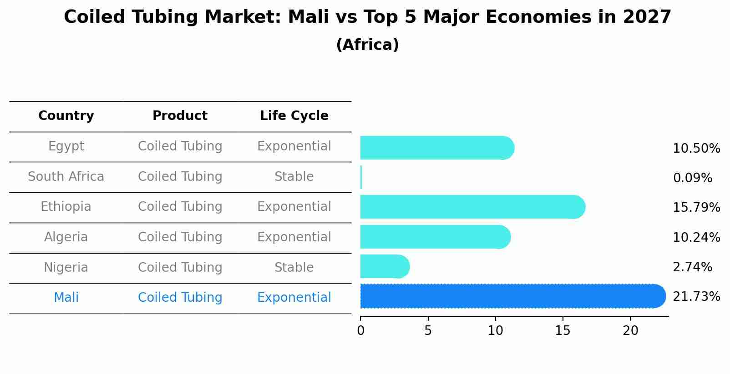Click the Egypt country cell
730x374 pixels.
point(66,146)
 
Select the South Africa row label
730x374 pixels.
point(66,177)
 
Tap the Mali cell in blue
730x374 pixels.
point(66,298)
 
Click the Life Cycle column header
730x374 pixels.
point(294,116)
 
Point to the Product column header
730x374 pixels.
point(180,116)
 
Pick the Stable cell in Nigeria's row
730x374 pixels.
point(294,267)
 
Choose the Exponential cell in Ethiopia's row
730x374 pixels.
point(294,207)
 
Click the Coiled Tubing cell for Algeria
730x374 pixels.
point(180,237)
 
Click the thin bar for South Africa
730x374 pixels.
point(361,177)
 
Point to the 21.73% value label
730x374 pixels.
point(696,297)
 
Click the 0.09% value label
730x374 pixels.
point(692,178)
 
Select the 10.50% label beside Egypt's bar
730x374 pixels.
point(696,149)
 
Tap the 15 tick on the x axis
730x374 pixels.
point(563,331)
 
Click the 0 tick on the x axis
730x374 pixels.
point(361,331)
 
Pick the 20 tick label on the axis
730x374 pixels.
point(630,331)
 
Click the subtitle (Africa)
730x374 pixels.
point(367,45)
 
